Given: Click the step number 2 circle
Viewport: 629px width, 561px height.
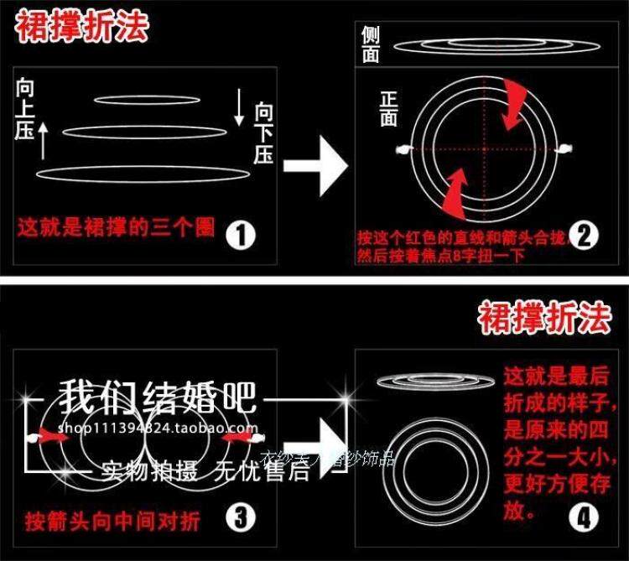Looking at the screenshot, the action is [x=584, y=236].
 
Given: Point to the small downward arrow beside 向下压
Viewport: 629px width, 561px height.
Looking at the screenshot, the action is [x=240, y=107].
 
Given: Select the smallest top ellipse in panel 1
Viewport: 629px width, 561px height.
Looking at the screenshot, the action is [x=147, y=100].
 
